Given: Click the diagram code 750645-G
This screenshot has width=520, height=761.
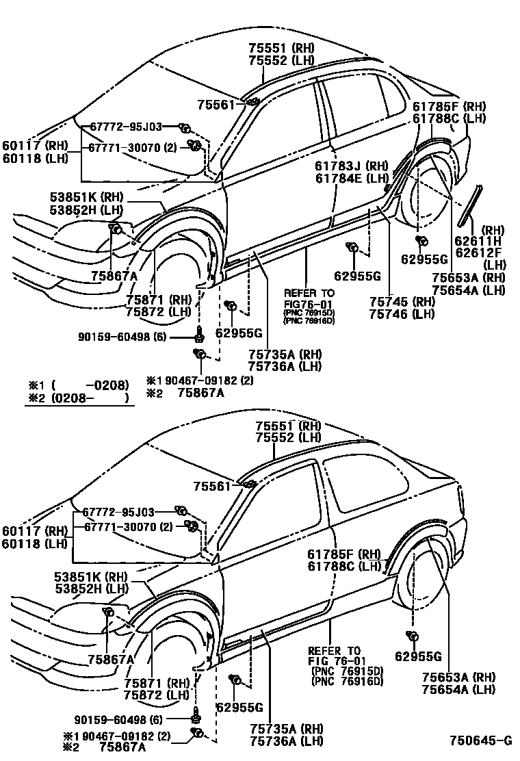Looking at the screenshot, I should coord(480,741).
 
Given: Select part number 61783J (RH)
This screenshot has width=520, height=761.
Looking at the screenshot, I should coord(351,166).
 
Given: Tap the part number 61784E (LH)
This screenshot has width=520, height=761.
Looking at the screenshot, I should coord(351,179).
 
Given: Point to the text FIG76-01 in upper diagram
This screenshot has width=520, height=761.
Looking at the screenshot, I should coord(308,303).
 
